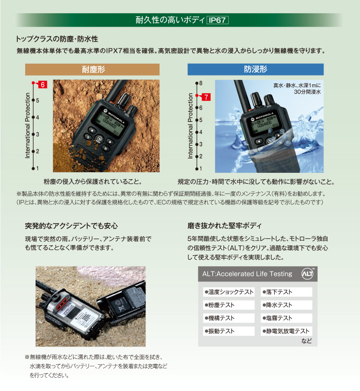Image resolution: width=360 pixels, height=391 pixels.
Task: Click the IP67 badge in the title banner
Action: click(x=217, y=20)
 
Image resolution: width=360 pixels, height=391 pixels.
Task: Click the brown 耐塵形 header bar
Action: click(x=93, y=69)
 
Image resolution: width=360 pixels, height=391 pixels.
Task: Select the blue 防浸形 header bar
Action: click(x=255, y=69)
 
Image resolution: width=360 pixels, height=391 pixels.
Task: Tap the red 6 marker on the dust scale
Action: click(x=42, y=85)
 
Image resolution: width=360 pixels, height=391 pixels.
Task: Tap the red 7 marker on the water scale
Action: click(x=206, y=96)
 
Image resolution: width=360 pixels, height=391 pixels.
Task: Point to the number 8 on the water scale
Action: click(x=201, y=83)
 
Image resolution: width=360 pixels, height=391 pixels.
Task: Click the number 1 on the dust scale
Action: click(x=37, y=168)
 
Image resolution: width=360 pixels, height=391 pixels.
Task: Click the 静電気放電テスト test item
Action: click(x=287, y=331)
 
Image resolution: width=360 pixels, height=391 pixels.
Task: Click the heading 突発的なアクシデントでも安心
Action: click(x=71, y=226)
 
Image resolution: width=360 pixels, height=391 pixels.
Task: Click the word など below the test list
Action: click(x=306, y=341)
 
